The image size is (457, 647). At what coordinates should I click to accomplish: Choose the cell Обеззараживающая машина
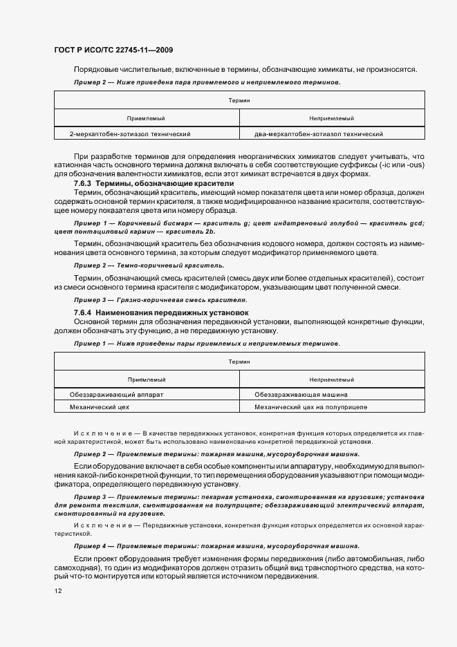point(301,394)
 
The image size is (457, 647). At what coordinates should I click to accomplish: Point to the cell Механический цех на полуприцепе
point(310,407)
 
